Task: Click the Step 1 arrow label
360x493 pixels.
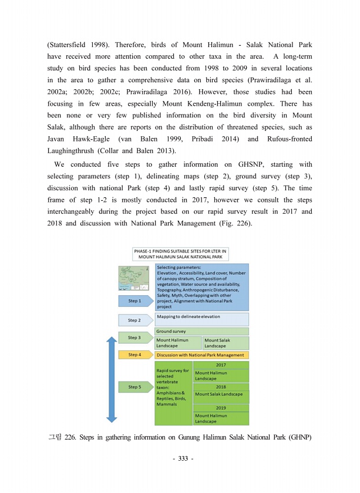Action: tap(135, 301)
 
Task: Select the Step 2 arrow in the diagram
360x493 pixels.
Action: tap(135, 320)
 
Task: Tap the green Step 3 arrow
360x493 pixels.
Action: tap(135, 338)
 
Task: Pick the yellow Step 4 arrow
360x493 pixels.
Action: tap(135, 355)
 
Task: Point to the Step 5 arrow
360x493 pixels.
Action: tap(135, 387)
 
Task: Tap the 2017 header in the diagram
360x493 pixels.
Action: tap(221, 364)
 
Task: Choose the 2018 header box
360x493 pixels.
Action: tap(221, 387)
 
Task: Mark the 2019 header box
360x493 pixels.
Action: tap(221, 408)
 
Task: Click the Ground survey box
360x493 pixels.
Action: tap(202, 332)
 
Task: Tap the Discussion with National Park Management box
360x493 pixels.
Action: tap(202, 355)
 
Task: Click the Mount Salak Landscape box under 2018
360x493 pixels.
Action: tap(221, 394)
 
